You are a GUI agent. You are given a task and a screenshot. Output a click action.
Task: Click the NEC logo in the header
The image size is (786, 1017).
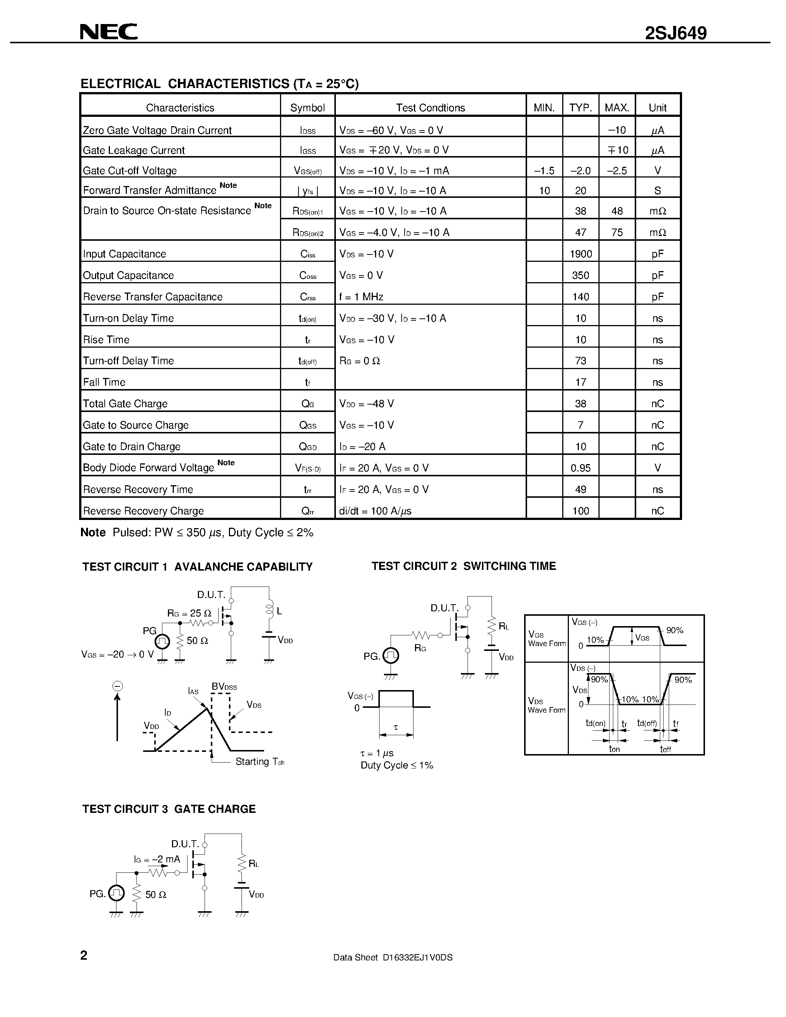pos(108,32)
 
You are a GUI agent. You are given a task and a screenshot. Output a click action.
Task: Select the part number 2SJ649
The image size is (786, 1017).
pos(676,33)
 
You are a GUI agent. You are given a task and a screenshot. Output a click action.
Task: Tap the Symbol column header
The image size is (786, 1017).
pos(307,108)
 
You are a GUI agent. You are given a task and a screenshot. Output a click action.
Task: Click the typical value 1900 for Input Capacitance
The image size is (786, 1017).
pos(581,254)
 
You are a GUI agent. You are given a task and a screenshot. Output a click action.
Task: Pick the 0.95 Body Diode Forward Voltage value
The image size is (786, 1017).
pos(581,468)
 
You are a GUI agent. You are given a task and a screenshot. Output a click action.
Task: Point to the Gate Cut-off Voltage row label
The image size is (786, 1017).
pos(130,170)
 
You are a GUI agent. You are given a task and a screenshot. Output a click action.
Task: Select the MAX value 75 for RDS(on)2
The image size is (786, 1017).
pos(617,232)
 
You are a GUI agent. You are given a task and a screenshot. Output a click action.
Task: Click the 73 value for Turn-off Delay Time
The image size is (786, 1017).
pos(581,361)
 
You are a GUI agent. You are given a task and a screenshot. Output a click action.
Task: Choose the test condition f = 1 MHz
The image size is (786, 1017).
pos(361,297)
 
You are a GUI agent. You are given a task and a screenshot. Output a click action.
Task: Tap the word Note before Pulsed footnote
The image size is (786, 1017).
pos(93,532)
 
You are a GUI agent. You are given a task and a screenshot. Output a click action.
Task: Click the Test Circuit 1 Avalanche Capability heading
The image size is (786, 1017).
pos(198,567)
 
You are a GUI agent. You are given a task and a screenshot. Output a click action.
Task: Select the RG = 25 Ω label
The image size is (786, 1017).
pos(189,613)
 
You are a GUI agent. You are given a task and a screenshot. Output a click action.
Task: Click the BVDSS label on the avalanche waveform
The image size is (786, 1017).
pos(225,686)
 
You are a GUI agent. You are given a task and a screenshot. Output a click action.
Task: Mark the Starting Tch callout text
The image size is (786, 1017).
pos(259,762)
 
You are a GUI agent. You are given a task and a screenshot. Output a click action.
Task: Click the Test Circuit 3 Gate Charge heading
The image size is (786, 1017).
pos(169,809)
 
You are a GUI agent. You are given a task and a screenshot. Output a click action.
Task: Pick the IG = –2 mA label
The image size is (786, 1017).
pos(156,859)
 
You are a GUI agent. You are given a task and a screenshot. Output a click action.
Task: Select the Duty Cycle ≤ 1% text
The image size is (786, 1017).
pos(397,765)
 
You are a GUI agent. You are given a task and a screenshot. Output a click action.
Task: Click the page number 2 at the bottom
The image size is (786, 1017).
pos(84,956)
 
